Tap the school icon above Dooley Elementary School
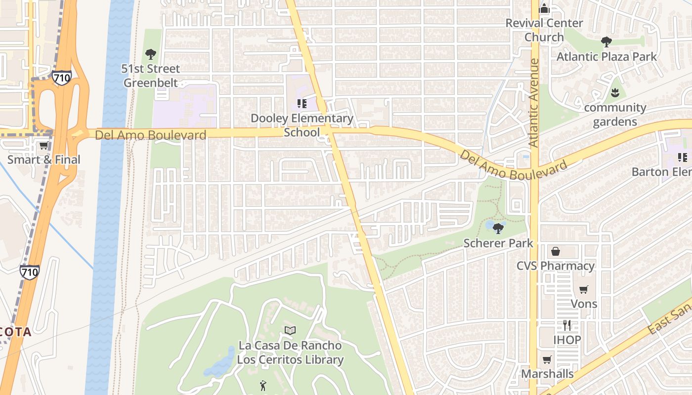click(x=302, y=104)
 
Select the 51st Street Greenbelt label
click(x=151, y=76)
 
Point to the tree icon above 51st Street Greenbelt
click(x=151, y=54)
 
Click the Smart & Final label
click(x=43, y=159)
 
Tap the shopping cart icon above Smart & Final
click(x=43, y=145)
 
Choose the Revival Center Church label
click(x=544, y=30)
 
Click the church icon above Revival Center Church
click(x=544, y=8)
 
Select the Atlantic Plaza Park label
click(x=606, y=57)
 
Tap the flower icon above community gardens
click(x=615, y=92)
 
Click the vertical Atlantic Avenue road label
click(x=533, y=103)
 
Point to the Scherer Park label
click(x=498, y=243)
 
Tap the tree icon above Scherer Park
click(x=498, y=228)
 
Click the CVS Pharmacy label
click(x=556, y=266)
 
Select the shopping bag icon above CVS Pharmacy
click(x=556, y=251)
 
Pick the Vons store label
click(x=584, y=304)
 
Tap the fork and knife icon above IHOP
click(x=567, y=325)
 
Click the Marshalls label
click(x=547, y=374)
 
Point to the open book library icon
click(x=290, y=330)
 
